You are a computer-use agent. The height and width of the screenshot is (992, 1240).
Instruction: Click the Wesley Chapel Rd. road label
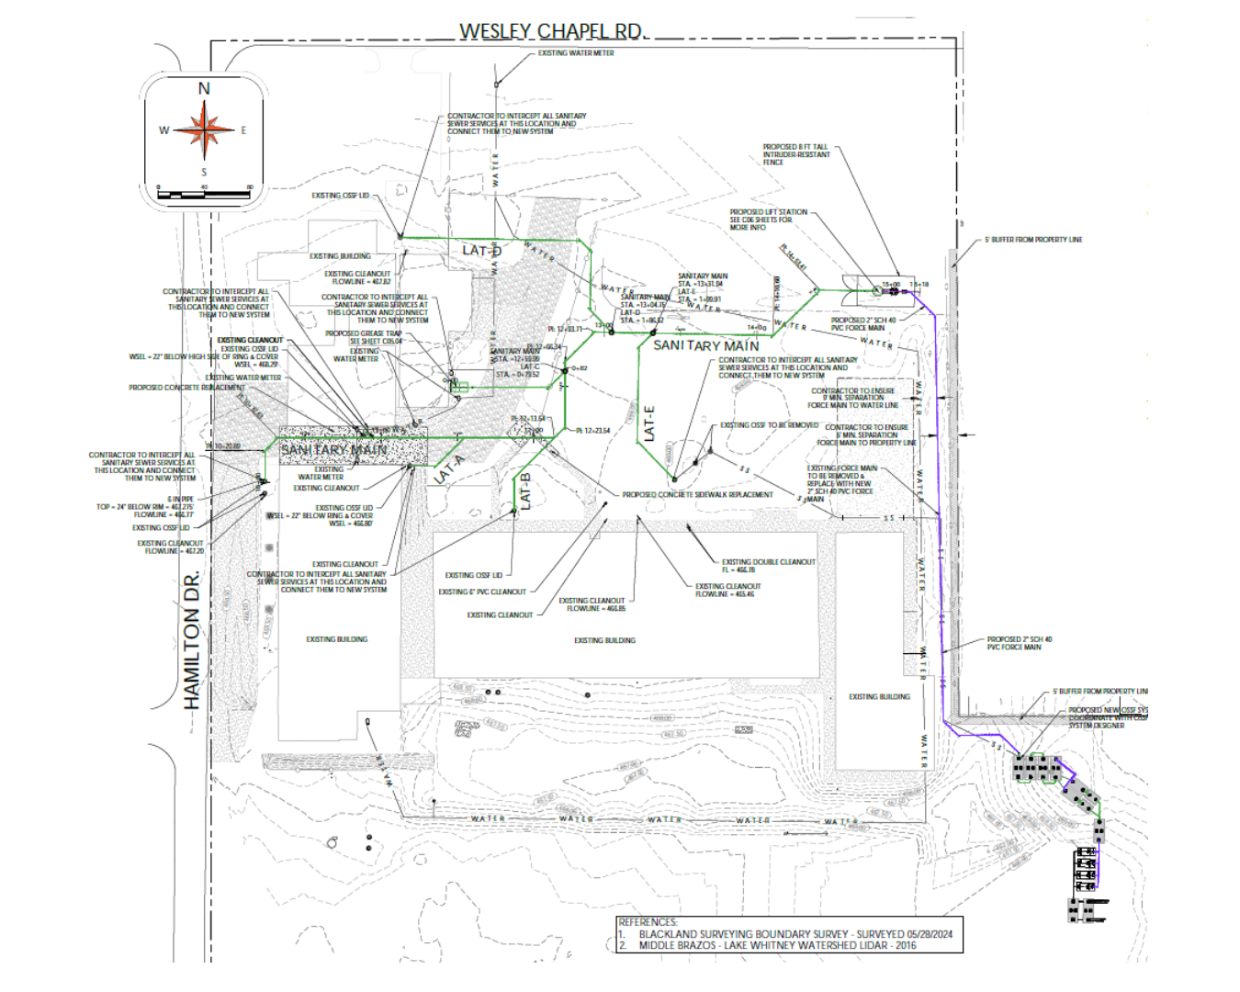click(552, 31)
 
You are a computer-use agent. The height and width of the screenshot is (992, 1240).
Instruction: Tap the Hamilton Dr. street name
click(192, 640)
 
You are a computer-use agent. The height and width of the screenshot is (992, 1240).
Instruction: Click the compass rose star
click(204, 130)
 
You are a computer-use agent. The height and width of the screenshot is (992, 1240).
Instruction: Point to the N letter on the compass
click(204, 89)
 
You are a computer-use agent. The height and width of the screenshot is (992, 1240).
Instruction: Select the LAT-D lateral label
click(481, 251)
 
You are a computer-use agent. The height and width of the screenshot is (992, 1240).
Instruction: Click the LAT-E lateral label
click(649, 423)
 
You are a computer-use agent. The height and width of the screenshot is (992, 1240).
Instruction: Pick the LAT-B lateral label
click(525, 490)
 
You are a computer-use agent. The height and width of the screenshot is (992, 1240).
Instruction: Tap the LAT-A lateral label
click(448, 469)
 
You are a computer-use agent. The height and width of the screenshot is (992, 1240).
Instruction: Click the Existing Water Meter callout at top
click(576, 53)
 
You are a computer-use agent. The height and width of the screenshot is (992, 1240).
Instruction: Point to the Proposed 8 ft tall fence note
click(795, 154)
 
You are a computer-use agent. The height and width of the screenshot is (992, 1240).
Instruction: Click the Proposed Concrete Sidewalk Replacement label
click(697, 495)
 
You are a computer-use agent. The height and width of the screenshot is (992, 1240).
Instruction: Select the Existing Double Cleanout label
click(768, 562)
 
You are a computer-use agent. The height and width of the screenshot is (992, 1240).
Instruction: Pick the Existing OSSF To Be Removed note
click(769, 425)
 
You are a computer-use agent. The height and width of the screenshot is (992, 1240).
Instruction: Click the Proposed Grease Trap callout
click(364, 334)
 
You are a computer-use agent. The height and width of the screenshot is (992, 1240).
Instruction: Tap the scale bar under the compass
click(204, 194)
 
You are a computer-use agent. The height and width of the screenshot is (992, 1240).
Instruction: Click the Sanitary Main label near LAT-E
click(705, 346)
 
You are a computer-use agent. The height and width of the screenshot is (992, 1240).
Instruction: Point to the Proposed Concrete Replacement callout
click(186, 388)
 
